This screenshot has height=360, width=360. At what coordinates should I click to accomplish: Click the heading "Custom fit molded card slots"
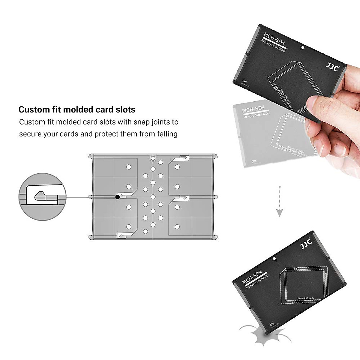(77, 109)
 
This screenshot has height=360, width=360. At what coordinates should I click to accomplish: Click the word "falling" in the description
(167, 134)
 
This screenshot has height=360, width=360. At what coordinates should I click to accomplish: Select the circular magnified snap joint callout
(42, 197)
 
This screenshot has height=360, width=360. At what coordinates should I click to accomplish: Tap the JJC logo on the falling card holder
(306, 244)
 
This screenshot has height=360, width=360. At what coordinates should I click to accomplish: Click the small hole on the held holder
(302, 48)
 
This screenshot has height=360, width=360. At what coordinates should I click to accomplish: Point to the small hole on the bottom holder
(274, 259)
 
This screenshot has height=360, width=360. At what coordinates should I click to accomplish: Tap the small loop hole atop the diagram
(153, 157)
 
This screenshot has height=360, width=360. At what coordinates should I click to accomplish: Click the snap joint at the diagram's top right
(183, 157)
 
